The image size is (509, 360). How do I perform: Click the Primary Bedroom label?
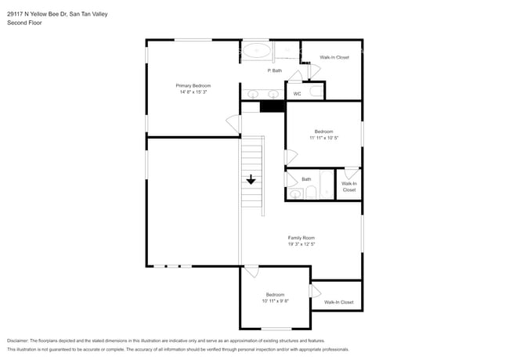pos(193,85)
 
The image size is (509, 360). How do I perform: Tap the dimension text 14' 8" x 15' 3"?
pos(193,92)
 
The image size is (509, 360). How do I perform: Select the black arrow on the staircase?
pos(251,179)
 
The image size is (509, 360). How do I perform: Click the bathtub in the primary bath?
pos(256,52)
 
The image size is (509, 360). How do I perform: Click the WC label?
pos(297,94)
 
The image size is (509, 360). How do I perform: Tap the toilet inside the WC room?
pos(316,92)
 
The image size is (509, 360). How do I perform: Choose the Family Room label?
pos(301,238)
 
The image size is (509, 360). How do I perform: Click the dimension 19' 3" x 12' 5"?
pos(301,245)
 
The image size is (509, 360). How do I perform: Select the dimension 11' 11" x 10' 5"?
pos(324,138)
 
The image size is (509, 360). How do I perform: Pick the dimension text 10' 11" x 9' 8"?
pos(275,301)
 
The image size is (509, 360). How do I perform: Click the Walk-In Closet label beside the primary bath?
pos(334,57)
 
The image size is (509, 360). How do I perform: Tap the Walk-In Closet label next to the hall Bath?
pos(348,186)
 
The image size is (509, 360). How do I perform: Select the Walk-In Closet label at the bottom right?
pos(338,302)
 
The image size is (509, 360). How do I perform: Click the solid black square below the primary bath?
pos(271,106)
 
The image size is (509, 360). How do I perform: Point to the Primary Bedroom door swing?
pos(233,124)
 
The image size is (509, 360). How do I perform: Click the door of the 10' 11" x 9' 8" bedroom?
pos(251,272)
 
